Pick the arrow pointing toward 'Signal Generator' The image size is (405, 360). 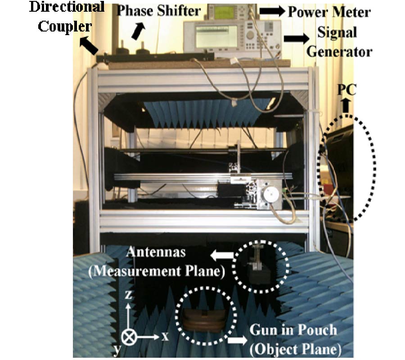pos(294,40)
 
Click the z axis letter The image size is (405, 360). pos(128,295)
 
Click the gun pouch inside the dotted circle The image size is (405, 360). pos(204,319)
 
